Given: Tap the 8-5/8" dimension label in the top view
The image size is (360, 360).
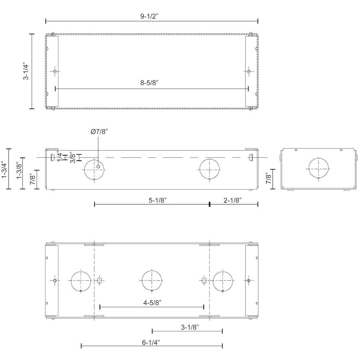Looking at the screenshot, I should click(149, 83).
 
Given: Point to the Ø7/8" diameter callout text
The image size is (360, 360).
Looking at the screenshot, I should click(99, 132).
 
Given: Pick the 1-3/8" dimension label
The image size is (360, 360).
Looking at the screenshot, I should click(19, 171).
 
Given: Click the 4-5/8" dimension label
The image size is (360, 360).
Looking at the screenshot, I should click(152, 302).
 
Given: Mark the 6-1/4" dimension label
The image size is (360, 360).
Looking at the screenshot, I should click(151, 342).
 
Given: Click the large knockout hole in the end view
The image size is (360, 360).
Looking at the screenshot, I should click(318, 169).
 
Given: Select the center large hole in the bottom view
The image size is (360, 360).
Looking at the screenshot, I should click(152, 280).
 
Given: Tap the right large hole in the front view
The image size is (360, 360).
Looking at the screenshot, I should click(209, 169).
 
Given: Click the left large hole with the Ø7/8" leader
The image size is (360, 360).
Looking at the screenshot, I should click(94, 169).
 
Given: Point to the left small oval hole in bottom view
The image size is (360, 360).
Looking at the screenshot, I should click(100, 280).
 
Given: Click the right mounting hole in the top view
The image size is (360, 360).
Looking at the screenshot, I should click(248, 71).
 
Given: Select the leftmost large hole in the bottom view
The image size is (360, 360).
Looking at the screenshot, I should click(81, 280).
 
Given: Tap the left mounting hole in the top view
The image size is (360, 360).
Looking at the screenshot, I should click(55, 71).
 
